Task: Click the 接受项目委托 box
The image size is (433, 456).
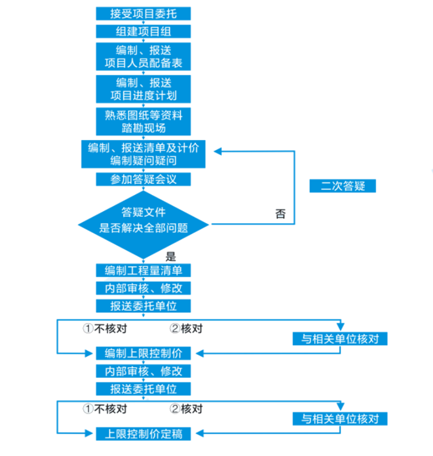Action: pos(143,13)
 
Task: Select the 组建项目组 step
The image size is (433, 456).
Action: pos(143,31)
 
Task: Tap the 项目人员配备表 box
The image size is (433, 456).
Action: pos(143,56)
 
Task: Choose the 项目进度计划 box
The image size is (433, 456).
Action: pos(143,89)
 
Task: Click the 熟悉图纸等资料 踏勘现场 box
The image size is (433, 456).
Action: pos(143,122)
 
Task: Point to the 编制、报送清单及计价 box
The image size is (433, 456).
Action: pos(143,154)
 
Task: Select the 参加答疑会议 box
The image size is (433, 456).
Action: pos(143,180)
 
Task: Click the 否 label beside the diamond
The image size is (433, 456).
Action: pos(281,214)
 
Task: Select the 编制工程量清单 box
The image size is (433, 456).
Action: pos(143,271)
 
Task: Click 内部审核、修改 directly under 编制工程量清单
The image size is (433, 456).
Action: pos(143,288)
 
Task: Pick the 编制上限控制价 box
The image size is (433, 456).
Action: pos(143,353)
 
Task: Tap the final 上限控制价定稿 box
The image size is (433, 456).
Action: pos(143,434)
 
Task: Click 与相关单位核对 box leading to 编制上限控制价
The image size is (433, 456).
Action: pos(340,338)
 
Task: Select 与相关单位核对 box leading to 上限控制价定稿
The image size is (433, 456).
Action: pos(340,420)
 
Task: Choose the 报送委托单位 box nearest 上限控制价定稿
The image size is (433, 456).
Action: pos(143,389)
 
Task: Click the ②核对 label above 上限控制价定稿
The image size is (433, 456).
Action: pos(186,409)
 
